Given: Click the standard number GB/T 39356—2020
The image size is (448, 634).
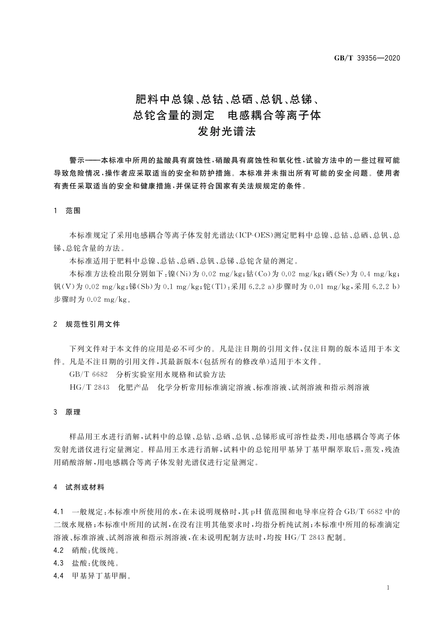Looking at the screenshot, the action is pyautogui.click(x=367, y=58).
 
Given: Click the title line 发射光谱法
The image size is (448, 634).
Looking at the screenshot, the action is pyautogui.click(x=226, y=132).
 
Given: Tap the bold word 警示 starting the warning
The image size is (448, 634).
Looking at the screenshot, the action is pyautogui.click(x=77, y=160).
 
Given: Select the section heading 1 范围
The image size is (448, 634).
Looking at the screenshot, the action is pyautogui.click(x=67, y=211).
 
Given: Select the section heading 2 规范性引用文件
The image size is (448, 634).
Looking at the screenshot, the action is pyautogui.click(x=87, y=324).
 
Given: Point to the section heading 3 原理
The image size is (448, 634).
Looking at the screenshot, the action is pyautogui.click(x=67, y=412).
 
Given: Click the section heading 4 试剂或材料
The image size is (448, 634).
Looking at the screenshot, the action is pyautogui.click(x=79, y=487).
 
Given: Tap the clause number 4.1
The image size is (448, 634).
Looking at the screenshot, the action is pyautogui.click(x=59, y=512).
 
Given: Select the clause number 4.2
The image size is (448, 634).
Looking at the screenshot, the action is pyautogui.click(x=59, y=551).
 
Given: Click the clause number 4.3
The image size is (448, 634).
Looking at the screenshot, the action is pyautogui.click(x=59, y=563).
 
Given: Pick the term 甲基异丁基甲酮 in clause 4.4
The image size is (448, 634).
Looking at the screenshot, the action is pyautogui.click(x=99, y=576).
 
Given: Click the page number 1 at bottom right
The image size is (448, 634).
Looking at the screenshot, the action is pyautogui.click(x=387, y=588).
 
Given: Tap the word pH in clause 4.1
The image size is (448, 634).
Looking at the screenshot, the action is pyautogui.click(x=256, y=512).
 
